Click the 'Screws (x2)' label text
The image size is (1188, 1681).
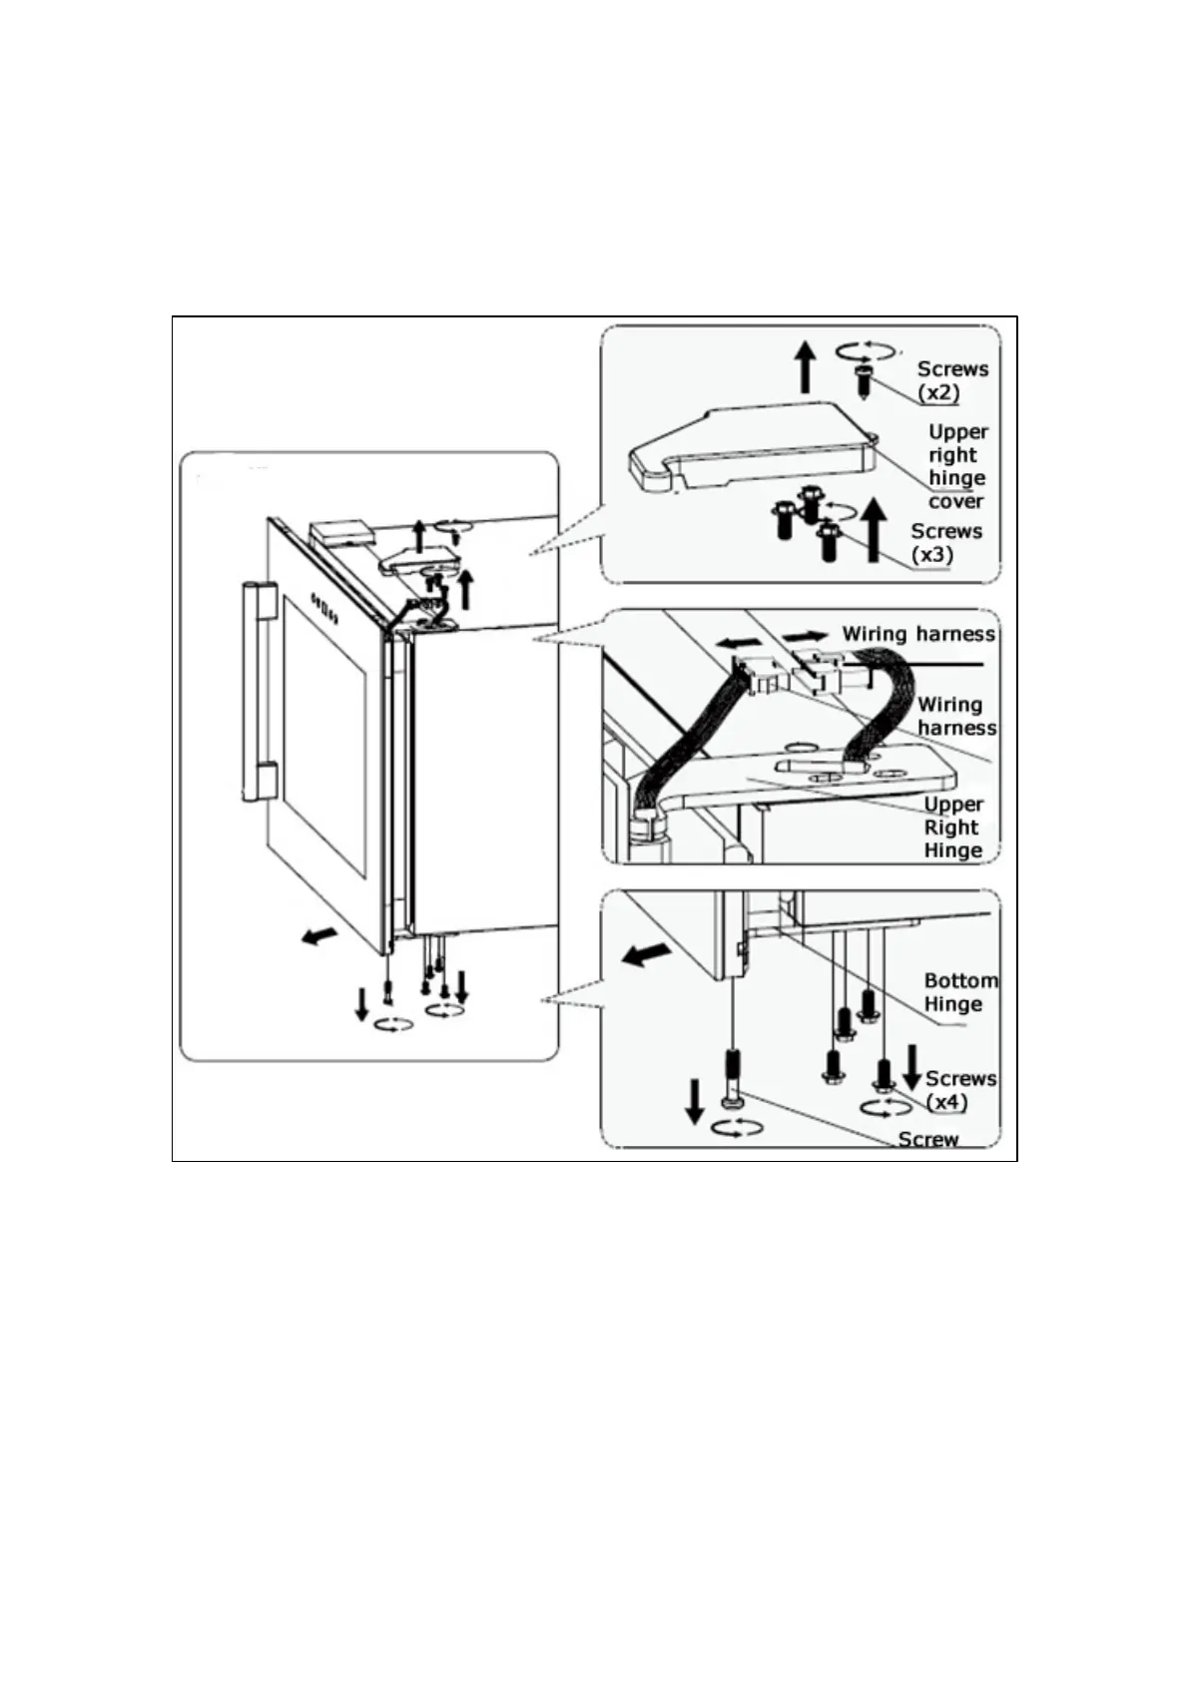click(952, 380)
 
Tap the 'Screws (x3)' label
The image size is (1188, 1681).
click(945, 542)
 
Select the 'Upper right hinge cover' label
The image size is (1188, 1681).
click(956, 466)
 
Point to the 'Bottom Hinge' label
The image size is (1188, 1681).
click(958, 992)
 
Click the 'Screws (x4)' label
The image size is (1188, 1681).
click(959, 1089)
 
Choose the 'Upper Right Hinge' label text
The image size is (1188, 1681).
click(952, 828)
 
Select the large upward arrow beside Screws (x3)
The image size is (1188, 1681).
click(875, 531)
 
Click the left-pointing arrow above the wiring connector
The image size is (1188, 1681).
click(735, 641)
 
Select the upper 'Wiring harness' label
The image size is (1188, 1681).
click(917, 634)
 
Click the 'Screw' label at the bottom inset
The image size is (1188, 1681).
click(927, 1139)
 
